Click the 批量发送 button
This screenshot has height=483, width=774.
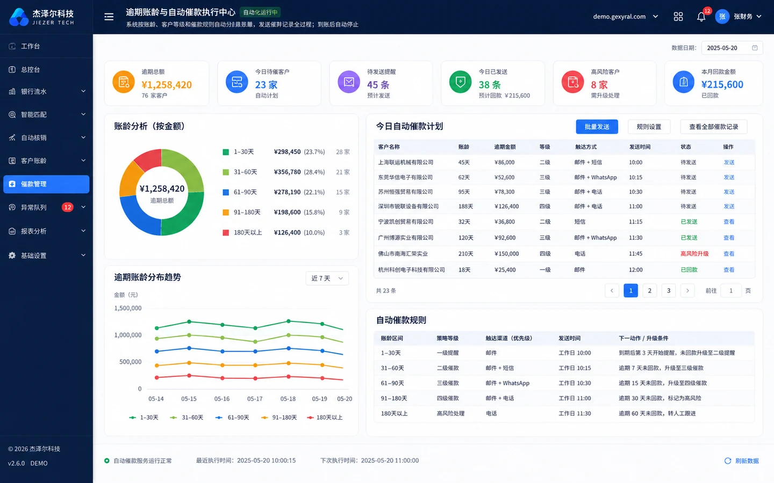point(597,127)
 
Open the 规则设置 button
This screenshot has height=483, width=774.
point(649,127)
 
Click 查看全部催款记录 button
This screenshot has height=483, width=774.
point(714,127)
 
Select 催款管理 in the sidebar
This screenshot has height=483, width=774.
point(46,184)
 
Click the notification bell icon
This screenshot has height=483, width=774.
point(701,17)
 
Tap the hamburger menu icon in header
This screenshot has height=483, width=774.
point(109,17)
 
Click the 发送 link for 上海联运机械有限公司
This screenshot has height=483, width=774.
point(729,162)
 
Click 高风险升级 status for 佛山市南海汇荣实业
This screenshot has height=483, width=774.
point(694,253)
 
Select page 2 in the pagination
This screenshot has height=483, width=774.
point(650,290)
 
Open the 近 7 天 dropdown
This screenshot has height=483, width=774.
point(327,279)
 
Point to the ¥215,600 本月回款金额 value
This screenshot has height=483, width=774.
point(722,84)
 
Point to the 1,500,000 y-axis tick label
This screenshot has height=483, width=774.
point(128,308)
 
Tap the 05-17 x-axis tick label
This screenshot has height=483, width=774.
point(255,399)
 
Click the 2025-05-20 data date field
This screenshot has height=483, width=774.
point(732,48)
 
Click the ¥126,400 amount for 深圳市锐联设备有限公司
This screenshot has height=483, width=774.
point(506,206)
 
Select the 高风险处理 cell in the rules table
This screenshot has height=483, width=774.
point(450,413)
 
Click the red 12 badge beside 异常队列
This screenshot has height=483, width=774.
point(67,207)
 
